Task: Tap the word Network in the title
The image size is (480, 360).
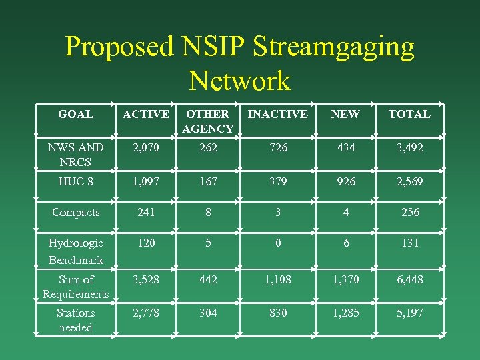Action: point(240,81)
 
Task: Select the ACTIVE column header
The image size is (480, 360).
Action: point(145,114)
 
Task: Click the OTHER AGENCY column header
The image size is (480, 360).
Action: point(208,121)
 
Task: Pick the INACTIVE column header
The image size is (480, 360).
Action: point(277,114)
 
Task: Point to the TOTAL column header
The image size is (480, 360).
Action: point(409,114)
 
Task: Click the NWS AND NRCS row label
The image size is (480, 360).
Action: point(75,155)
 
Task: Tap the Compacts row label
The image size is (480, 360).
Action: point(75,212)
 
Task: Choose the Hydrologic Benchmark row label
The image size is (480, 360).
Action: point(75,251)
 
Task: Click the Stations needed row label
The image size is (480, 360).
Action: point(75,320)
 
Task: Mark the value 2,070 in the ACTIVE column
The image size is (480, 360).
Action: point(145,147)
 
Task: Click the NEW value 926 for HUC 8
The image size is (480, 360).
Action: point(345,181)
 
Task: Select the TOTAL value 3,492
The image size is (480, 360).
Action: point(409,147)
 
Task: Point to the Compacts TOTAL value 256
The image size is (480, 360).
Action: point(410,212)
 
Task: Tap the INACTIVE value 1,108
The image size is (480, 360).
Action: point(277,279)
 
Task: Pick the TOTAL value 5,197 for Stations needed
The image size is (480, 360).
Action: point(409,313)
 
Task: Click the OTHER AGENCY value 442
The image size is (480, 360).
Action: point(208,279)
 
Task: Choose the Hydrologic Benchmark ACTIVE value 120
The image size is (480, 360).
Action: point(145,243)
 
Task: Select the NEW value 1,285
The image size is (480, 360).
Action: point(345,313)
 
